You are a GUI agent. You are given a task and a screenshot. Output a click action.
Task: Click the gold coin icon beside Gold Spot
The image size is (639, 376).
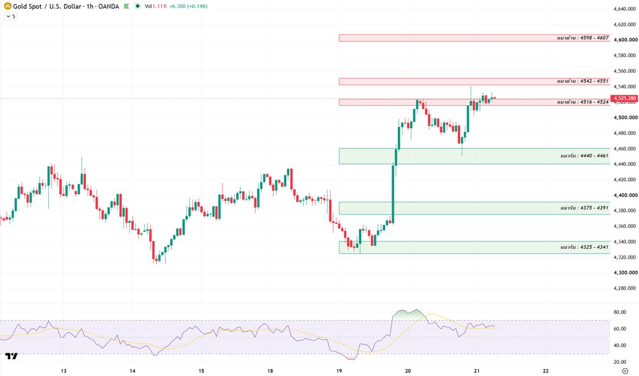click(8, 6)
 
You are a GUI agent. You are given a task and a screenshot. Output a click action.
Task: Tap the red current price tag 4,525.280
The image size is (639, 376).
click(624, 98)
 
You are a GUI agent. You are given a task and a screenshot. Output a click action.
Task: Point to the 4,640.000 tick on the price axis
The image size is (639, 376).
click(625, 9)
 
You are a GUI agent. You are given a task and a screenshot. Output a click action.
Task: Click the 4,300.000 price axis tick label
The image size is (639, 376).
click(625, 273)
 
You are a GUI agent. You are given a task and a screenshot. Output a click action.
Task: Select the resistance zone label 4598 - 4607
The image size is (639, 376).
click(583, 38)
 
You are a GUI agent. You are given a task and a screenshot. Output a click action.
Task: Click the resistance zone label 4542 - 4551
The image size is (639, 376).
click(583, 81)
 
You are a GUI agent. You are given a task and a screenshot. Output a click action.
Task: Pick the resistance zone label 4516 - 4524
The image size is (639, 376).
click(583, 102)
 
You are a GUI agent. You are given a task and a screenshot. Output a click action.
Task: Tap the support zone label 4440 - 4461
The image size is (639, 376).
click(584, 156)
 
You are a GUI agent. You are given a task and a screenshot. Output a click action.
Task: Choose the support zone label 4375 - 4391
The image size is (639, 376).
click(584, 208)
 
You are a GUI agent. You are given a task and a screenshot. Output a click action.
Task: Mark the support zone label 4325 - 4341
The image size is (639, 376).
click(584, 247)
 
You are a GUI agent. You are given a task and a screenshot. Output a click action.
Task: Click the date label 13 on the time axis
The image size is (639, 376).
click(63, 371)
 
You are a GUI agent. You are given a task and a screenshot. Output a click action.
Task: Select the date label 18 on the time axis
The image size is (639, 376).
click(270, 371)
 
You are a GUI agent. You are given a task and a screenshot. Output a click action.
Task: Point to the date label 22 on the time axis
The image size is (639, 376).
click(545, 371)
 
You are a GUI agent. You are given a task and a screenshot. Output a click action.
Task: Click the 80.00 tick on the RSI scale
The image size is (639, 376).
click(620, 313)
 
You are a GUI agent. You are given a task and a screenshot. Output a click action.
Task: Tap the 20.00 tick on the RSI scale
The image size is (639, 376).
click(620, 362)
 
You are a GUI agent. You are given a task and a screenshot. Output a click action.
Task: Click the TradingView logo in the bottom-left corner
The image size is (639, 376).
click(12, 356)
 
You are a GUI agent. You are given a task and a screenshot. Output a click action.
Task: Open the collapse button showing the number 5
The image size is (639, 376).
click(10, 17)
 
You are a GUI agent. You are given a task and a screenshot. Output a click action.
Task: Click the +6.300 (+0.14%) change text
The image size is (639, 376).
click(188, 6)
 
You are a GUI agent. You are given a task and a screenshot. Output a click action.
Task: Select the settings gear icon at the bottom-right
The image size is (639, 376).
click(625, 371)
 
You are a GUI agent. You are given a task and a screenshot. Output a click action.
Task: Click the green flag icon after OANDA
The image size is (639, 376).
click(127, 6)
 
